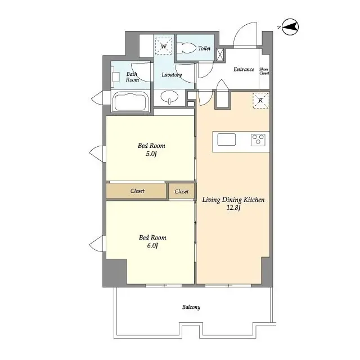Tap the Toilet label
pyautogui.click(x=204, y=49)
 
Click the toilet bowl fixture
pyautogui.click(x=186, y=48)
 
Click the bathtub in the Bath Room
pyautogui.click(x=130, y=103)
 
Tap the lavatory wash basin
pyautogui.click(x=169, y=98)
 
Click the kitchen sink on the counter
pyautogui.click(x=227, y=139)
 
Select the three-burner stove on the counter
pyautogui.click(x=259, y=139)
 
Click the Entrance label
pyautogui.click(x=244, y=70)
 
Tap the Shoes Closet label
pyautogui.click(x=264, y=70)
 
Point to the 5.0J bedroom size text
pyautogui.click(x=152, y=154)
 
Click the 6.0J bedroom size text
pyautogui.click(x=152, y=246)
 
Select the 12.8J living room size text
pyautogui.click(x=233, y=208)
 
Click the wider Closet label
pyautogui.click(x=137, y=191)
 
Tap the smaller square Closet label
pyautogui.click(x=181, y=192)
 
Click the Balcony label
pyautogui.click(x=191, y=307)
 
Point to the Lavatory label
pyautogui.click(x=171, y=75)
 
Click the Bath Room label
pyautogui.click(x=132, y=77)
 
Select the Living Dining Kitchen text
pyautogui.click(x=233, y=200)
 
